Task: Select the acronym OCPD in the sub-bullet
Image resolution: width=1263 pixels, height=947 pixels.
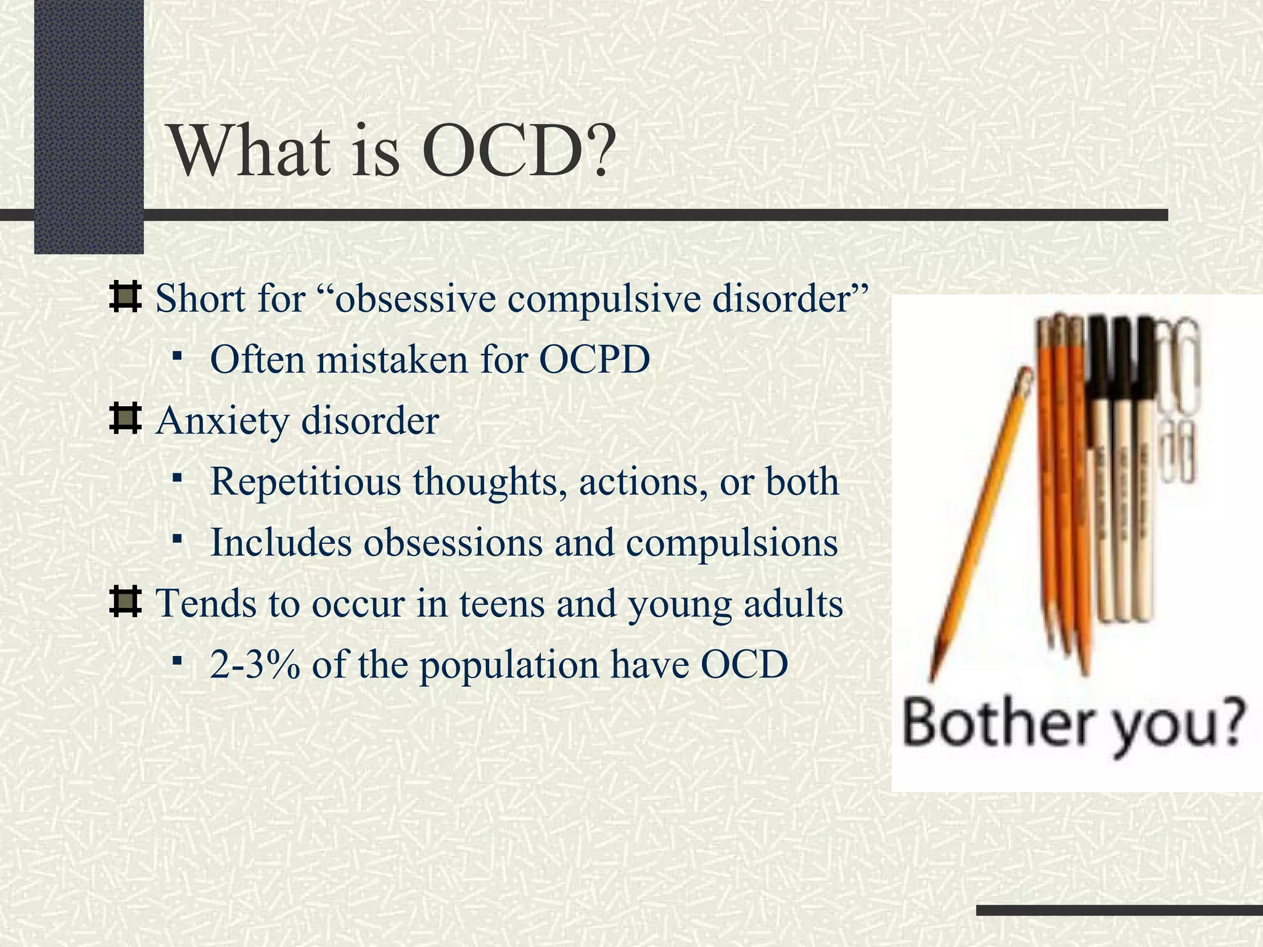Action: [x=594, y=359]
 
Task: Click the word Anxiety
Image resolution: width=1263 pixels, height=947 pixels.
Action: [x=222, y=421]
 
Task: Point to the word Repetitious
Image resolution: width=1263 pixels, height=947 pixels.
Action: [x=306, y=482]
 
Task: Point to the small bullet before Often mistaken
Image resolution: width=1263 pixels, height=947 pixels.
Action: [x=178, y=356]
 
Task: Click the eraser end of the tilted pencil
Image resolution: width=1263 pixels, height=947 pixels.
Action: [x=1026, y=377]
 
